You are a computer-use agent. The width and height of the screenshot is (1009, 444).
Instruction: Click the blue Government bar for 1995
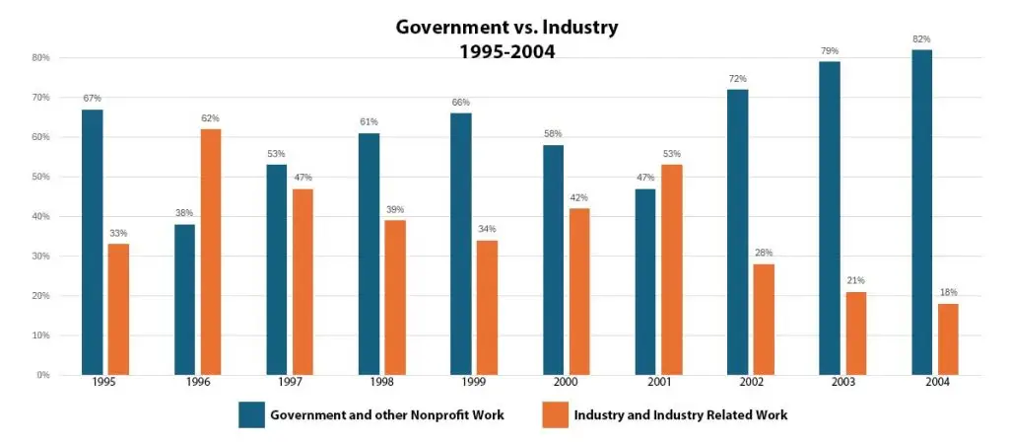click(x=93, y=242)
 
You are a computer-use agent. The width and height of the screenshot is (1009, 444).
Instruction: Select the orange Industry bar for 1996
click(x=211, y=252)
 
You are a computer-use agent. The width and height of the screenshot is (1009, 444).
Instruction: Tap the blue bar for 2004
click(x=922, y=212)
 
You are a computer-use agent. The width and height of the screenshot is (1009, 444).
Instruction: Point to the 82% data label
click(x=922, y=39)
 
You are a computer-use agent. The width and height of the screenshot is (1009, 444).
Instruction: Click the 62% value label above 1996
click(x=211, y=118)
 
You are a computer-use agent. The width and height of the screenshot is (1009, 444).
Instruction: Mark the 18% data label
click(x=948, y=293)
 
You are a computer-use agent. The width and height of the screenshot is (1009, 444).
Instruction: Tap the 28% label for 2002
click(x=764, y=254)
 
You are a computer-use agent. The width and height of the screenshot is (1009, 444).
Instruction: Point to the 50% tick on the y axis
click(x=41, y=177)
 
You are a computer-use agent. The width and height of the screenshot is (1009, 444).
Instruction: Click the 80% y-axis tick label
click(x=41, y=57)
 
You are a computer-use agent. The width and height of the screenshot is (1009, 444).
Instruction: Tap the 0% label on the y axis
click(x=43, y=375)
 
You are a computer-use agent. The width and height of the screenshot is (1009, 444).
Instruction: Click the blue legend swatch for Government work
click(x=250, y=414)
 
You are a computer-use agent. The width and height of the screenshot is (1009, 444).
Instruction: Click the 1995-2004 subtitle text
click(x=506, y=51)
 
